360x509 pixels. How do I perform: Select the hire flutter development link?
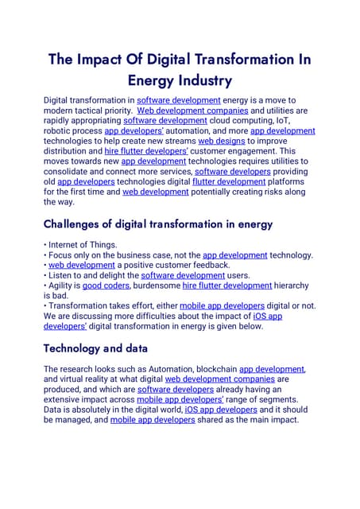coord(226,285)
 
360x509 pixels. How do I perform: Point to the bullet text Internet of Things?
coord(83,244)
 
